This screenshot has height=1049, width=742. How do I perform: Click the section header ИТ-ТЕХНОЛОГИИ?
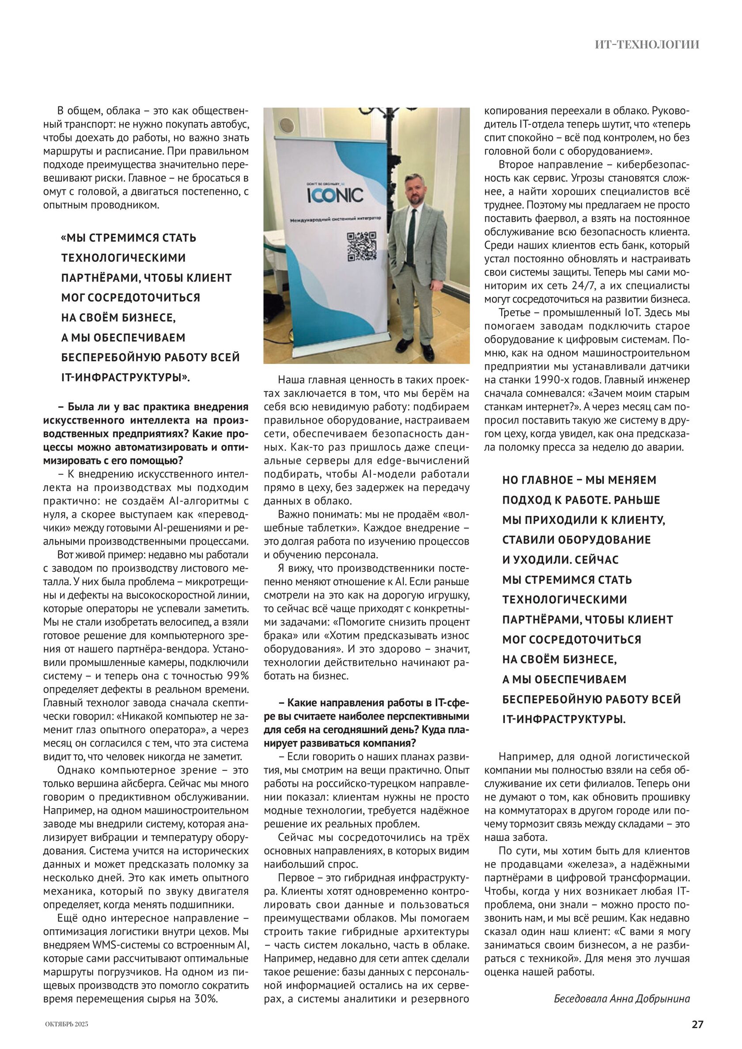[x=647, y=44]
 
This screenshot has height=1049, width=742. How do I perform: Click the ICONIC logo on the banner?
[x=335, y=195]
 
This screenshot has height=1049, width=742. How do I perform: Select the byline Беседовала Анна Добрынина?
[x=621, y=999]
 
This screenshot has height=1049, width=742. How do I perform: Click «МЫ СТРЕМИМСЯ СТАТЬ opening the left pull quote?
[x=129, y=238]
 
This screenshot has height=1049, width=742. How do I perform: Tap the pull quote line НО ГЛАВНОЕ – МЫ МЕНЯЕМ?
[x=579, y=480]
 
